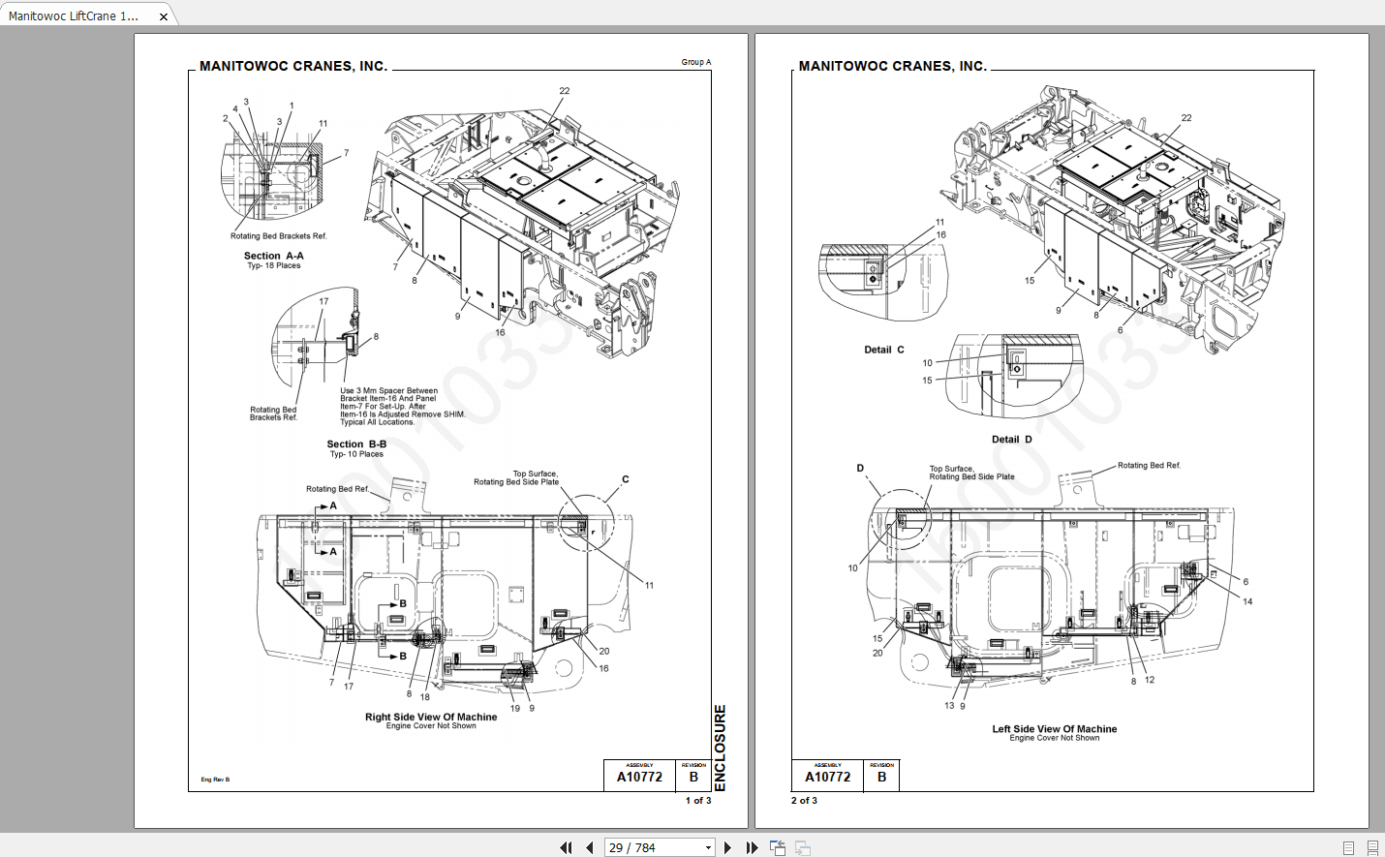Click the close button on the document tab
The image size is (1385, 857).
tap(164, 16)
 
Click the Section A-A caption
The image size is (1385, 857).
tap(273, 256)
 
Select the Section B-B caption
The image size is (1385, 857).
tap(356, 444)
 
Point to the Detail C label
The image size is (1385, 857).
tap(883, 350)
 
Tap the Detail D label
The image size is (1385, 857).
tap(1011, 440)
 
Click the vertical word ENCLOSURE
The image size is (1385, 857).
tap(720, 748)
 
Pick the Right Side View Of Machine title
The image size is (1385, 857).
tap(431, 718)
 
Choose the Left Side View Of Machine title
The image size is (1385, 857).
tap(1054, 729)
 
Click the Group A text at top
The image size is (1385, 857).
tap(695, 62)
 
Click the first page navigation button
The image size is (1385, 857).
tap(566, 847)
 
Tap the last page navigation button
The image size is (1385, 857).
tap(752, 847)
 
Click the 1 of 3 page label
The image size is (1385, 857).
tap(697, 801)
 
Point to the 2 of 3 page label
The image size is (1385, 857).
tap(804, 801)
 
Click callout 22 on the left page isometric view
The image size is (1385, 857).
tap(564, 91)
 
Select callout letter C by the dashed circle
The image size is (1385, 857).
tap(625, 479)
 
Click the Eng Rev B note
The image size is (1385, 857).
tap(215, 780)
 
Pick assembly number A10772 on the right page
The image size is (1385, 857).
tap(827, 777)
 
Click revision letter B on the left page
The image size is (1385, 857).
tap(693, 777)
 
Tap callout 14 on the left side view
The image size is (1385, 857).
tap(1247, 601)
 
